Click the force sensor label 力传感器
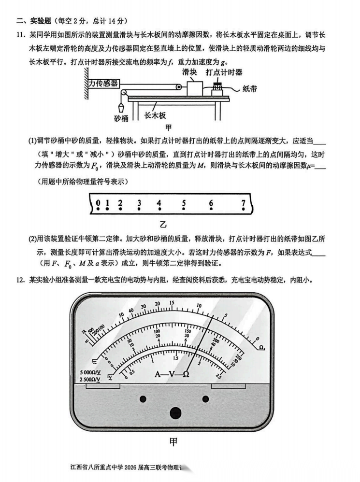[x=103, y=83]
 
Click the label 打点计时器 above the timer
[x=224, y=72]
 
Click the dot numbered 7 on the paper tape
[x=244, y=210]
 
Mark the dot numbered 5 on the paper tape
[x=184, y=210]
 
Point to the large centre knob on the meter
[x=175, y=413]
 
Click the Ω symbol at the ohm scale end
[x=261, y=347]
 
